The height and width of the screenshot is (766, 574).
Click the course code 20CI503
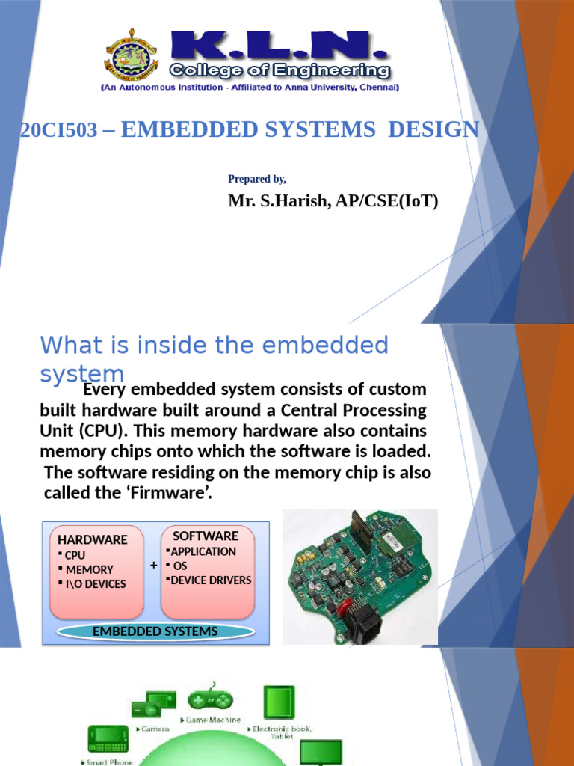pos(59,131)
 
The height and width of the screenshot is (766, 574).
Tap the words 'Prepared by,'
pos(256,179)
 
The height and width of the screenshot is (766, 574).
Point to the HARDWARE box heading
pos(93,539)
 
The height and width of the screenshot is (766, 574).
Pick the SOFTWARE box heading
pos(206,536)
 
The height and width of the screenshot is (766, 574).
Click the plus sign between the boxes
pos(153,566)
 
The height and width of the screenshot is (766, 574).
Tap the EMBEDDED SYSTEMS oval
pos(155,631)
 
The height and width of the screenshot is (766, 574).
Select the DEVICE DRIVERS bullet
pos(211,580)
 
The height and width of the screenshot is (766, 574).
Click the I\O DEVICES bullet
pos(96,583)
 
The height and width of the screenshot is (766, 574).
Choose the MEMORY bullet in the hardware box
pos(89,569)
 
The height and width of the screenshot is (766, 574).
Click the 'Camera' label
pos(155,728)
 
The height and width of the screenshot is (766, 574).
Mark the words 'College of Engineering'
pos(280,71)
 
